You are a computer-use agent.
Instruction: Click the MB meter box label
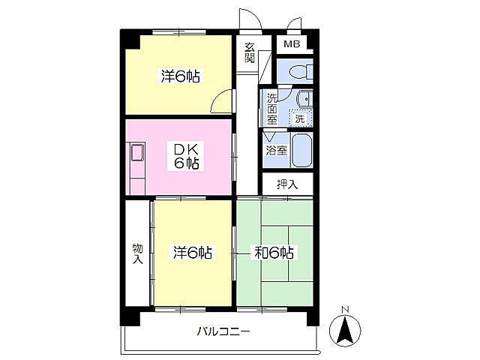tap(292, 44)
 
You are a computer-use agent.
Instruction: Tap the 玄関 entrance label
tap(250, 52)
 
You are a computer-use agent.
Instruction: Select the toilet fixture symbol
tap(300, 72)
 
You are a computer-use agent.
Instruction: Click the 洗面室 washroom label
tap(271, 109)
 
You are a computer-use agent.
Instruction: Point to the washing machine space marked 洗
tap(300, 118)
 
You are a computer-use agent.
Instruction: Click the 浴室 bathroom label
tap(277, 150)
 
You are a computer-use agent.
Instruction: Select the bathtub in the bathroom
tap(301, 150)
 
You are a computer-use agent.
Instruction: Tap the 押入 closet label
tap(287, 184)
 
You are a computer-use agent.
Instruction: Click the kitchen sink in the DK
tap(138, 152)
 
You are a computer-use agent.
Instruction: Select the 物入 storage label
tap(138, 253)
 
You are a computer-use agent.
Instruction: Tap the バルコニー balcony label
tap(223, 331)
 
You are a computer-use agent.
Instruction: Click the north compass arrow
tap(345, 330)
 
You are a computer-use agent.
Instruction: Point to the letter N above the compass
tap(345, 310)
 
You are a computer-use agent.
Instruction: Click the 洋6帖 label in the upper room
tap(180, 76)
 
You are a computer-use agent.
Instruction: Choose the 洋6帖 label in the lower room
tap(192, 253)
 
